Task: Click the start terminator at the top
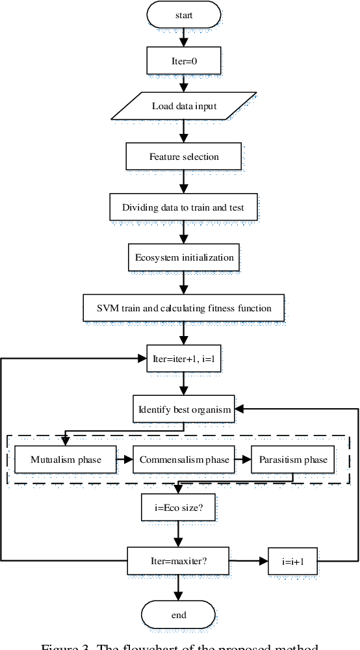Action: pyautogui.click(x=184, y=14)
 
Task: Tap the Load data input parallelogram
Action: pyautogui.click(x=184, y=107)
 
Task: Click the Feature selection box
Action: pyautogui.click(x=184, y=157)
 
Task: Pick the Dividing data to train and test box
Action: pyautogui.click(x=184, y=207)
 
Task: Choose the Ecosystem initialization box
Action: pyautogui.click(x=184, y=257)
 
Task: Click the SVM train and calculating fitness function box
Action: pyautogui.click(x=184, y=307)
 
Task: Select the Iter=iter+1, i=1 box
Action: pyautogui.click(x=184, y=358)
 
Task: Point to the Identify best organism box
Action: pyautogui.click(x=184, y=410)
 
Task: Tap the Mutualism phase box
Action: pyautogui.click(x=66, y=460)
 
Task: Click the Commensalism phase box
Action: pyautogui.click(x=184, y=460)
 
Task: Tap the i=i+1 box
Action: pyautogui.click(x=292, y=560)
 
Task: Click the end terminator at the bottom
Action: pyautogui.click(x=179, y=615)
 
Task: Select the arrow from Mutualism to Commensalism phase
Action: pyautogui.click(x=125, y=460)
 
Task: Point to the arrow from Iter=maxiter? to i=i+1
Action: pyautogui.click(x=250, y=560)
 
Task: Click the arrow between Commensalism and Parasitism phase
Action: pyautogui.click(x=242, y=460)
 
